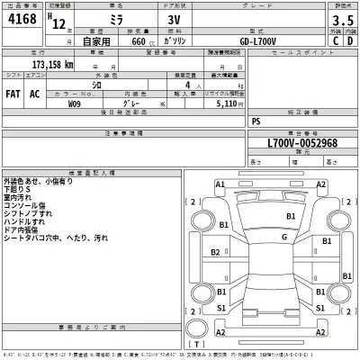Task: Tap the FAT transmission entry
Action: [13, 93]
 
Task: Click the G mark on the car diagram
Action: [283, 237]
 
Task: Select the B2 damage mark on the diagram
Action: [216, 253]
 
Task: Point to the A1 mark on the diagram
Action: [220, 184]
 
